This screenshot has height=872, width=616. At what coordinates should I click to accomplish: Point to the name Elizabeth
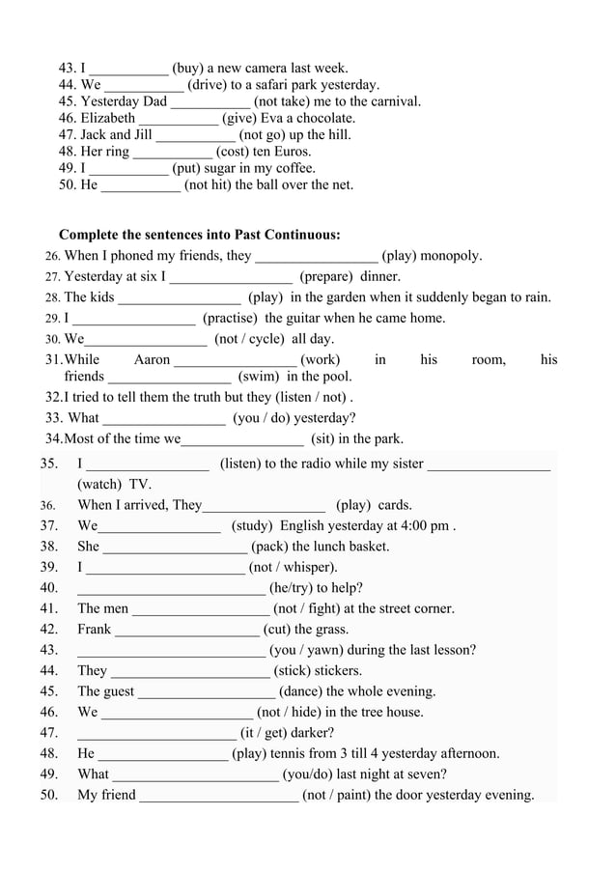(108, 119)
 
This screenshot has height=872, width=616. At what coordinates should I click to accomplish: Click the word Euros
(292, 152)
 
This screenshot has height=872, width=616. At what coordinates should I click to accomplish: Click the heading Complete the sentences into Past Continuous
(200, 235)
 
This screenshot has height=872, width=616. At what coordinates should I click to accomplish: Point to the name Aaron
(152, 360)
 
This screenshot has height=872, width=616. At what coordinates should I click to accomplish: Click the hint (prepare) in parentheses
(325, 277)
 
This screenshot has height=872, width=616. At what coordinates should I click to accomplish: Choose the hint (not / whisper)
(294, 568)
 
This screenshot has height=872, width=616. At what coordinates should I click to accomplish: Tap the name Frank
(95, 630)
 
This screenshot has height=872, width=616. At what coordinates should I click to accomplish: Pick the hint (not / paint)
(336, 796)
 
